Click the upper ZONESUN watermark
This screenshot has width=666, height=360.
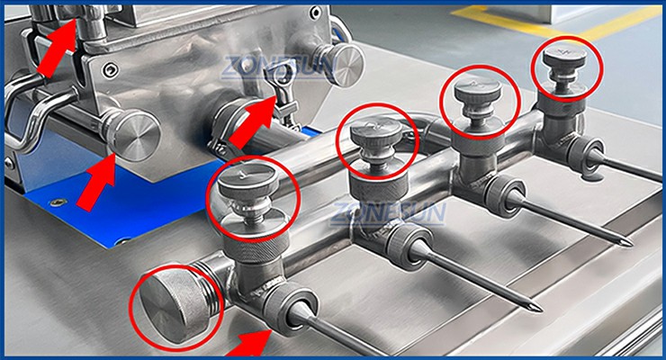click(278, 67)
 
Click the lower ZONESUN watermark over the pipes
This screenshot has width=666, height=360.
click(389, 213)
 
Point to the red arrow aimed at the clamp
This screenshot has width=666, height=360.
click(254, 120)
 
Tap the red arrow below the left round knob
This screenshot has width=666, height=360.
click(97, 182)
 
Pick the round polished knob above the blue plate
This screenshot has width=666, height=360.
click(132, 135)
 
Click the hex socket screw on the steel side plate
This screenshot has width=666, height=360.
click(112, 68)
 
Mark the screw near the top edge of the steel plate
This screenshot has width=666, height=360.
click(315, 13)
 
